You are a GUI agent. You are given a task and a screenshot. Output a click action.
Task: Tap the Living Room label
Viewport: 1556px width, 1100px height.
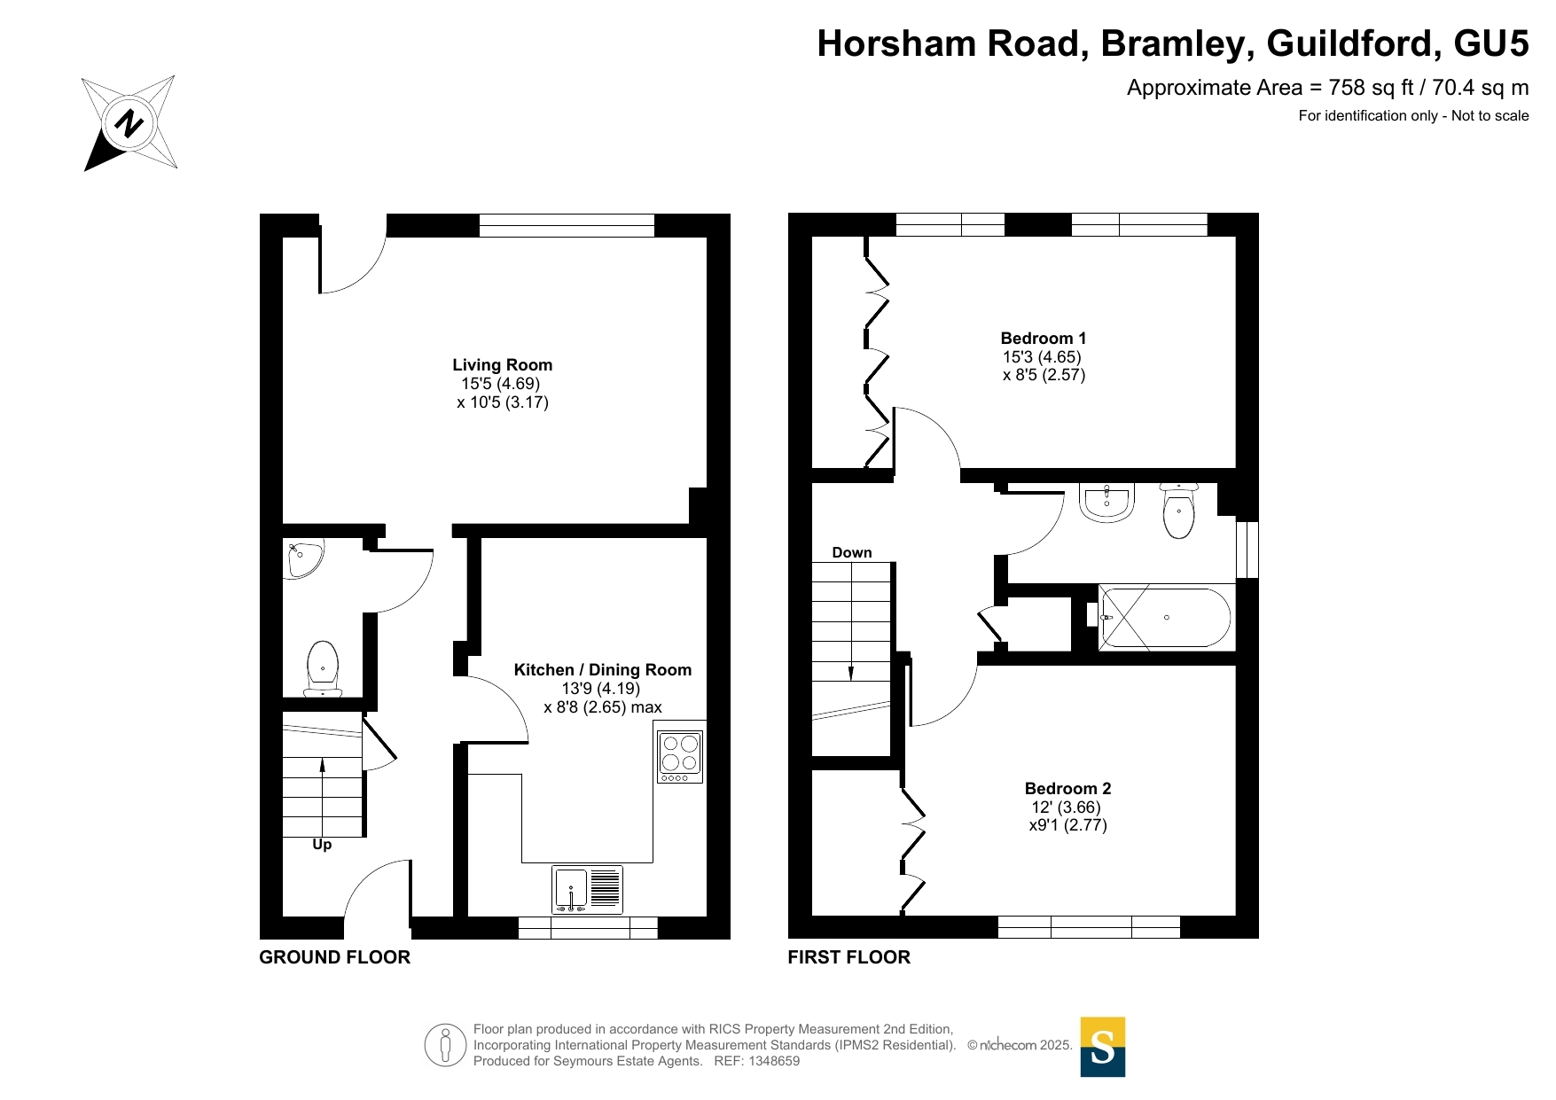502,364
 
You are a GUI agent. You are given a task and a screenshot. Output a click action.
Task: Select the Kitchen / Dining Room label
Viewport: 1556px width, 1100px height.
602,670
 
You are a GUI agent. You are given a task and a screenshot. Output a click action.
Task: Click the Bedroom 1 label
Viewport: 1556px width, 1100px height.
1043,338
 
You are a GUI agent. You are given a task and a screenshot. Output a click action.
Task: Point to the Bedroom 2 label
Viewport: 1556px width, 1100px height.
1067,788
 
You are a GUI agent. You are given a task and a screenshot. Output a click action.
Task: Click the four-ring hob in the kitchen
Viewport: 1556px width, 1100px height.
680,756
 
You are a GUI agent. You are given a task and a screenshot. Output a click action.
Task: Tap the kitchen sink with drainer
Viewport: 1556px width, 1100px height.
587,889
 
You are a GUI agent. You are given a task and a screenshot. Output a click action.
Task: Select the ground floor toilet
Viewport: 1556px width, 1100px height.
323,669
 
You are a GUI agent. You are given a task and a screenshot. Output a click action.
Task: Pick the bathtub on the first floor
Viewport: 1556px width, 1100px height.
1165,618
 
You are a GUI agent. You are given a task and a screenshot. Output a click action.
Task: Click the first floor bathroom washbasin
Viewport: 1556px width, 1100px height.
1106,503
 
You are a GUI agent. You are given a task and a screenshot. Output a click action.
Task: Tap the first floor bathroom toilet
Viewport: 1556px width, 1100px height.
1178,511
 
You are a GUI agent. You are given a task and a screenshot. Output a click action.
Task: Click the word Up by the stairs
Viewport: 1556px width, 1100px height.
322,845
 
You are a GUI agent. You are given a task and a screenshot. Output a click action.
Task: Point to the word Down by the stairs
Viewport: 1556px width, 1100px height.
852,552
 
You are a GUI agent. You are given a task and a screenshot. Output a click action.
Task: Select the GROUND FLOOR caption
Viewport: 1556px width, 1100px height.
334,957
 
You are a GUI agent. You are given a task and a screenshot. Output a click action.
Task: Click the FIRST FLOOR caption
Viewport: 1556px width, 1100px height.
848,957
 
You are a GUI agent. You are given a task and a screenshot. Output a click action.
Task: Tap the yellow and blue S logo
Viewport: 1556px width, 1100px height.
1103,1047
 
